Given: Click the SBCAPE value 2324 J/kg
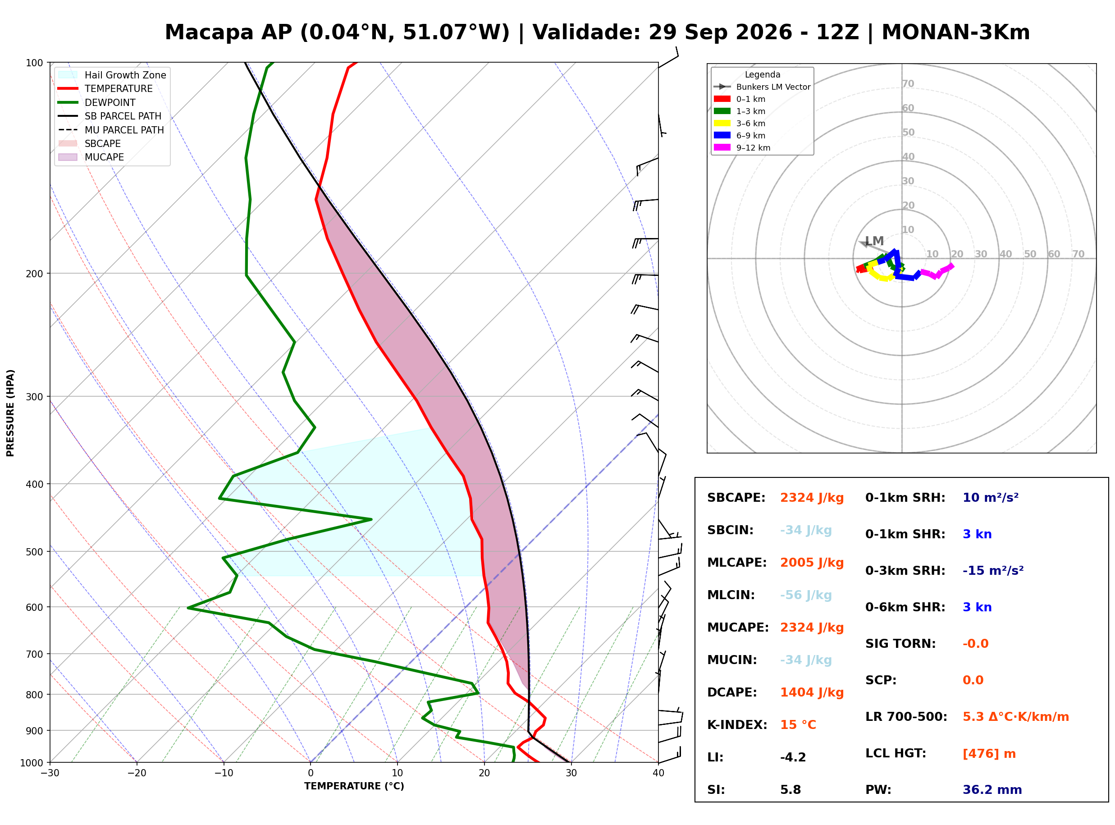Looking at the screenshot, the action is [812, 498].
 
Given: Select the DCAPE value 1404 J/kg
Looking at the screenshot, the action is [812, 692].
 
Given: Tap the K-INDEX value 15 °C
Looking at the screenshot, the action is [798, 725].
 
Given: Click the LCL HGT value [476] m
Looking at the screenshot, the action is [989, 754].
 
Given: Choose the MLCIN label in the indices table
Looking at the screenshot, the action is [731, 595].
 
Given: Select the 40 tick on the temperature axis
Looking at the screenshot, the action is [658, 774].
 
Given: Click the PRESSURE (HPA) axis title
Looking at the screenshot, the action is [10, 413].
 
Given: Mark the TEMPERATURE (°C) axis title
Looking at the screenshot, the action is [354, 787].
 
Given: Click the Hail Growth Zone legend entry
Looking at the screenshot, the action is [113, 75].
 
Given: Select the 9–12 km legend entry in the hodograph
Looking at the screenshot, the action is [742, 148].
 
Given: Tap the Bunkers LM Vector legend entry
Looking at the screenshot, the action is [762, 87].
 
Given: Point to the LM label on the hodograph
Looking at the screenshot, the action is [874, 241].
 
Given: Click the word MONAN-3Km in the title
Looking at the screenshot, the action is [955, 32].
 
